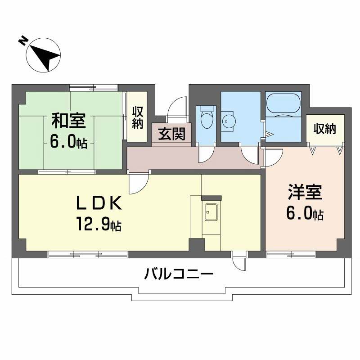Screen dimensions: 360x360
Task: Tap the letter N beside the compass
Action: tap(22, 41)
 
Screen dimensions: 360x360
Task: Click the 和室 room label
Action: tap(67, 121)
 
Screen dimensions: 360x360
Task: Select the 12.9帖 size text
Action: tap(98, 223)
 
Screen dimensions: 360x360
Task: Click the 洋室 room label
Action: tap(305, 193)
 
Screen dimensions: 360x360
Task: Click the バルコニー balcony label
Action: tap(179, 274)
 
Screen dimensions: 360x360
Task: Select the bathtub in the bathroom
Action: tap(283, 104)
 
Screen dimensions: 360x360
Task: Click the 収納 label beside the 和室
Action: tap(137, 117)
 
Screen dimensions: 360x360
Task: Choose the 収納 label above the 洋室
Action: tap(324, 129)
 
